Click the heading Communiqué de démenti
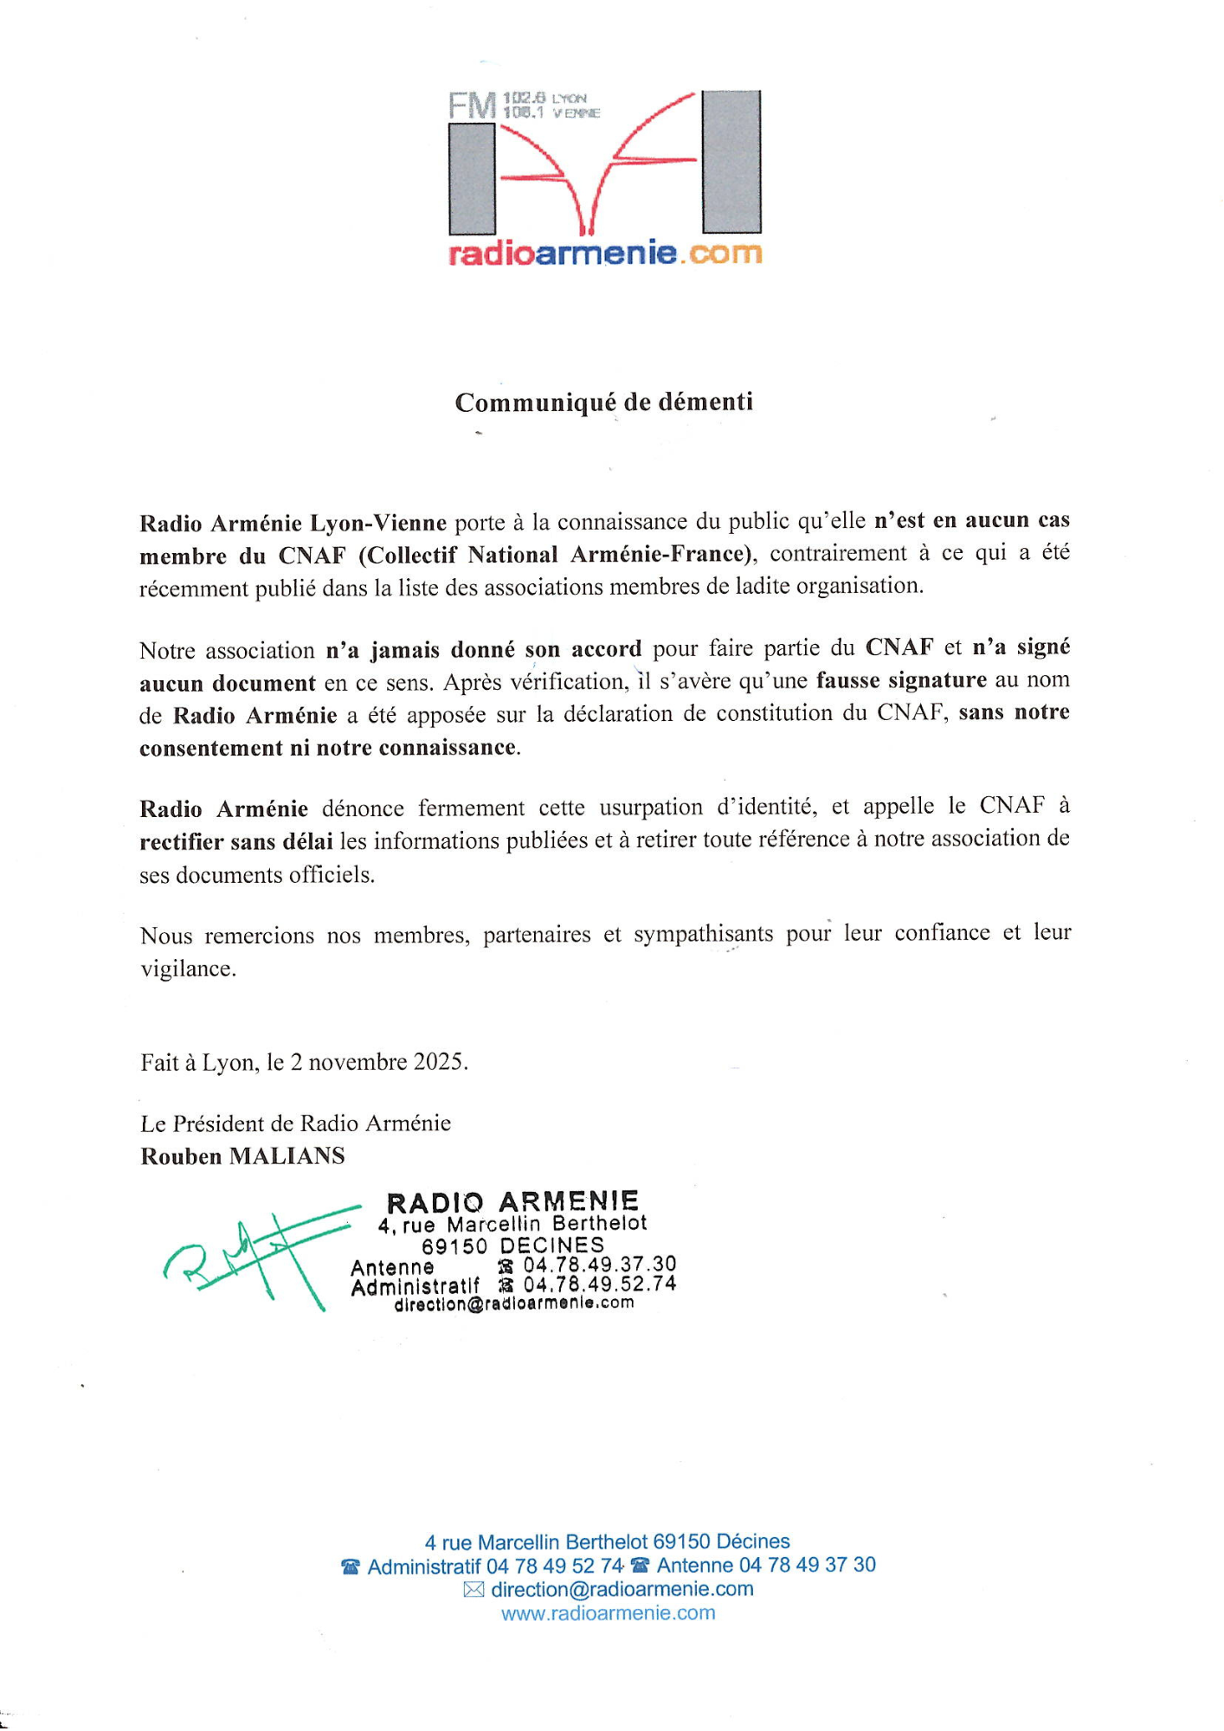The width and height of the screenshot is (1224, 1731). (x=603, y=402)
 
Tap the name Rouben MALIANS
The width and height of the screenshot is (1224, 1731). (x=242, y=1156)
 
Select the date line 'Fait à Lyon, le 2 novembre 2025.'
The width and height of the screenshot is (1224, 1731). (x=304, y=1062)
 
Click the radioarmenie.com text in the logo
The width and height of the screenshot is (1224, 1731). (x=604, y=254)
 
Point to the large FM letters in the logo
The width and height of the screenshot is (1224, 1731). (x=473, y=106)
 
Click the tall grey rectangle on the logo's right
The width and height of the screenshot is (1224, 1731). (x=731, y=161)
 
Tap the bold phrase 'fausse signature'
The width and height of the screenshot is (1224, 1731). (x=900, y=680)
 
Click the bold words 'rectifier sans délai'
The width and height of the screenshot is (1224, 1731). (x=236, y=841)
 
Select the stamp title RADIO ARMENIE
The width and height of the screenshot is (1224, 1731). (x=512, y=1202)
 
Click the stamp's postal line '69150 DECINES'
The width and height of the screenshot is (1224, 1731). (x=512, y=1245)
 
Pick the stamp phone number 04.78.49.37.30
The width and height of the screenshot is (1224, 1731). (x=599, y=1264)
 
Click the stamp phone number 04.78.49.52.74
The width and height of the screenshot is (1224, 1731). (x=599, y=1284)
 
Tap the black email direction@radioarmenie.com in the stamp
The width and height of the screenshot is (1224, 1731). (x=513, y=1303)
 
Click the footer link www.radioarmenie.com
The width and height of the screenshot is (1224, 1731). (x=608, y=1613)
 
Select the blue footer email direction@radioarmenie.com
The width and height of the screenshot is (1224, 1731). (x=622, y=1589)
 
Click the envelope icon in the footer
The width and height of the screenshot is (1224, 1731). (x=473, y=1589)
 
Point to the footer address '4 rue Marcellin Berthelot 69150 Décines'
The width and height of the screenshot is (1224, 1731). (x=607, y=1541)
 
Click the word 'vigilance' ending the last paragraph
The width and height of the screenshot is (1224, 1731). (x=187, y=968)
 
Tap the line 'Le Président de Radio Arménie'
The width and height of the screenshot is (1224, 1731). (x=295, y=1123)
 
